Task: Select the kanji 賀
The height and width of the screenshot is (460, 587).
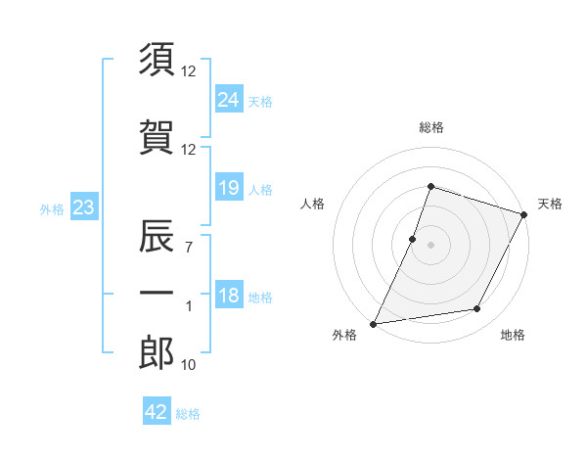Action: pyautogui.click(x=157, y=137)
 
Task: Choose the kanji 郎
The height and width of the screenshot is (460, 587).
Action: pyautogui.click(x=157, y=352)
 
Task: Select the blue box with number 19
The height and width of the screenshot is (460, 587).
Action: pyautogui.click(x=229, y=188)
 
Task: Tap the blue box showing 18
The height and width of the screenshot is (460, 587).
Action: pyautogui.click(x=229, y=297)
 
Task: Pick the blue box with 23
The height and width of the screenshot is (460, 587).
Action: pyautogui.click(x=83, y=207)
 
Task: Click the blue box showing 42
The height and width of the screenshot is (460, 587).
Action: pyautogui.click(x=157, y=412)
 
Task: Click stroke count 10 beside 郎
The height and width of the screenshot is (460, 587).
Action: pyautogui.click(x=189, y=365)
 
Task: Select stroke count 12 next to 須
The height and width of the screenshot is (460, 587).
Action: pyautogui.click(x=189, y=71)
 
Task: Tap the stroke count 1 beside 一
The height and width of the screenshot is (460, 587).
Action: pyautogui.click(x=189, y=306)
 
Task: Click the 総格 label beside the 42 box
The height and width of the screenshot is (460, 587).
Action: pyautogui.click(x=188, y=414)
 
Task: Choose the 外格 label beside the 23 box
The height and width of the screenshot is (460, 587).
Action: pyautogui.click(x=52, y=208)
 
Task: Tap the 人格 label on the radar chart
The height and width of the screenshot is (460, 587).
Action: pyautogui.click(x=313, y=204)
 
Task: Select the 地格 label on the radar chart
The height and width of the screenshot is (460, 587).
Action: pyautogui.click(x=513, y=335)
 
